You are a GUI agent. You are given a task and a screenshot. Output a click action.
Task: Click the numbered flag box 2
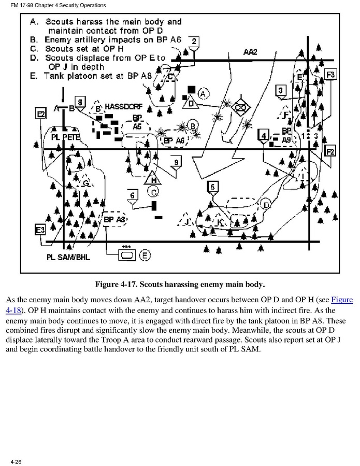194,41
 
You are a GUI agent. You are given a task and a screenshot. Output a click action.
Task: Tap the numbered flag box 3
281,91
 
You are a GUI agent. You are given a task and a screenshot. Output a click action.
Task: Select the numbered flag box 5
213,187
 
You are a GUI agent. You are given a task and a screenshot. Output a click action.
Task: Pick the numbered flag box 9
177,163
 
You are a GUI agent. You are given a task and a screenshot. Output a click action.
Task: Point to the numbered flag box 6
133,195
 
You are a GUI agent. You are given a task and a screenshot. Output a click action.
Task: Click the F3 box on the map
330,75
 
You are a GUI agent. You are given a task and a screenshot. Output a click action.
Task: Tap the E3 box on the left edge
40,230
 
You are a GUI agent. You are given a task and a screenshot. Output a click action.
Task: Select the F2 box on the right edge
330,151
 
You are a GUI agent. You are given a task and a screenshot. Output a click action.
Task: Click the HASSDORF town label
124,107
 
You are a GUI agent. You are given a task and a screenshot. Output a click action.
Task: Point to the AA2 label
250,52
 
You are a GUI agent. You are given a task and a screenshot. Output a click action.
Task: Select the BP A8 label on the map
114,219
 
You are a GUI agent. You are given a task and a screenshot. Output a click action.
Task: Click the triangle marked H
153,179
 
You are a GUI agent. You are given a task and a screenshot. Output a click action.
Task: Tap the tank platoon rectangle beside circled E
126,255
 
